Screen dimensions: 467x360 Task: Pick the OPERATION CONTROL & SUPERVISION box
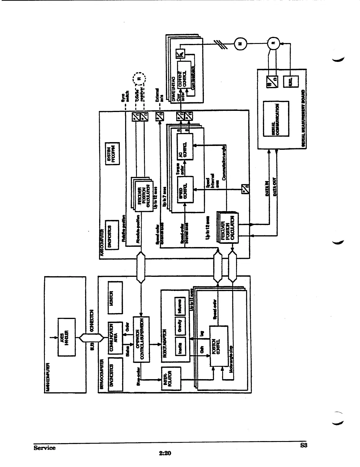pyautogui.click(x=141, y=339)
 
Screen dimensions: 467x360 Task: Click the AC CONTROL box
pyautogui.click(x=185, y=146)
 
